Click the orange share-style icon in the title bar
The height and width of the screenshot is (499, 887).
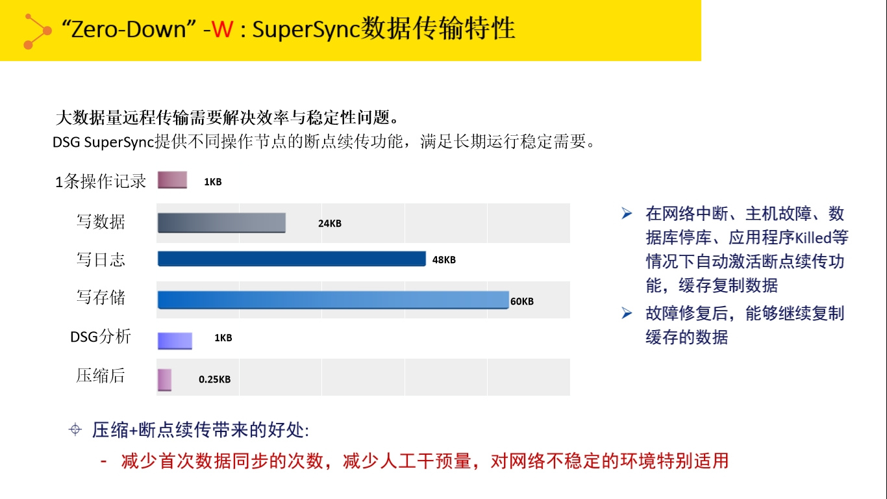[37, 32]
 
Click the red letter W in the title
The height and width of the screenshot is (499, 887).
[223, 29]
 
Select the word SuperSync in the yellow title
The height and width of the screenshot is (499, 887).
[306, 30]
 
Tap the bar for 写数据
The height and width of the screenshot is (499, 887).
[221, 223]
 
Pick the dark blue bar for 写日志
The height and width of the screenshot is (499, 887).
[292, 259]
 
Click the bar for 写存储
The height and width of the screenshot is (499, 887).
[333, 300]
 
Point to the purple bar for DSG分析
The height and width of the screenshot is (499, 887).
[175, 341]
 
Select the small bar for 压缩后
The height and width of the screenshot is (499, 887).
[164, 379]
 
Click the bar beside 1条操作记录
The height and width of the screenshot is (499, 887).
[172, 180]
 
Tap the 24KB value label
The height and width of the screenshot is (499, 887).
[329, 224]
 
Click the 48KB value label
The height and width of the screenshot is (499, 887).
[444, 260]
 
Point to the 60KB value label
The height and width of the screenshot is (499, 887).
[522, 301]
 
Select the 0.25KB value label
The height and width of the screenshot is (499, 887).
[215, 379]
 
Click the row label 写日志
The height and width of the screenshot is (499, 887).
[101, 260]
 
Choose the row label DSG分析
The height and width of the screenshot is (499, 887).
[101, 337]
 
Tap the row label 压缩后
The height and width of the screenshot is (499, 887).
[101, 376]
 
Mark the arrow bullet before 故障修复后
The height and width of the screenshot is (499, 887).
[627, 313]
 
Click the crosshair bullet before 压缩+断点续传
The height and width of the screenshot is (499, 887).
[75, 429]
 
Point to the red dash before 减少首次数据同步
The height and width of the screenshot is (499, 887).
[104, 461]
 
